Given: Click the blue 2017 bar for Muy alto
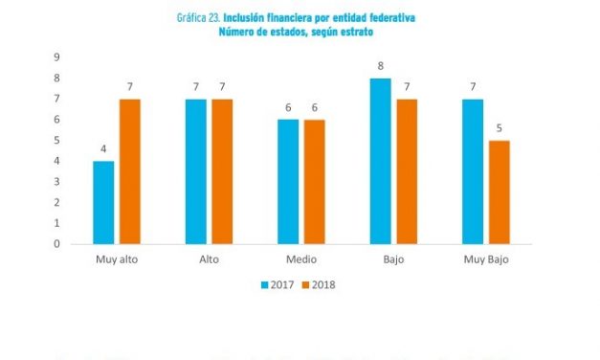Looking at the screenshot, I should tap(103, 202).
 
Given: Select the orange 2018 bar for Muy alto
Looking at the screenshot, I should tap(129, 171).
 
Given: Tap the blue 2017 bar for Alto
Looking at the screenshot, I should tap(195, 171).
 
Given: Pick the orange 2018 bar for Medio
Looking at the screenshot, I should tap(314, 182).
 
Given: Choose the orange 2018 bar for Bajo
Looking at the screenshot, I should tap(407, 171).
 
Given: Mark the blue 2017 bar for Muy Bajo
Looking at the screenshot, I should tap(472, 171).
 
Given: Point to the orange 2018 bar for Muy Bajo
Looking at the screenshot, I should tap(499, 191).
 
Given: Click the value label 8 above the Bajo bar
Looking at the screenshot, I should tap(380, 67).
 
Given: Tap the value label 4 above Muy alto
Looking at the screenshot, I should tap(103, 149).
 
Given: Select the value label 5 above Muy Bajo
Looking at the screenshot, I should tap(499, 129).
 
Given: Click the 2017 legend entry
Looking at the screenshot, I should tap(278, 284).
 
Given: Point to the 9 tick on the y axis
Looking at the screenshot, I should tap(56, 57).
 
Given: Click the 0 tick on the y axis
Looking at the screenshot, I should tap(56, 243).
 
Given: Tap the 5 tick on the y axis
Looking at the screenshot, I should tap(56, 140).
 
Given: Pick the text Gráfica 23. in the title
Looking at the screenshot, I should tap(199, 18).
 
